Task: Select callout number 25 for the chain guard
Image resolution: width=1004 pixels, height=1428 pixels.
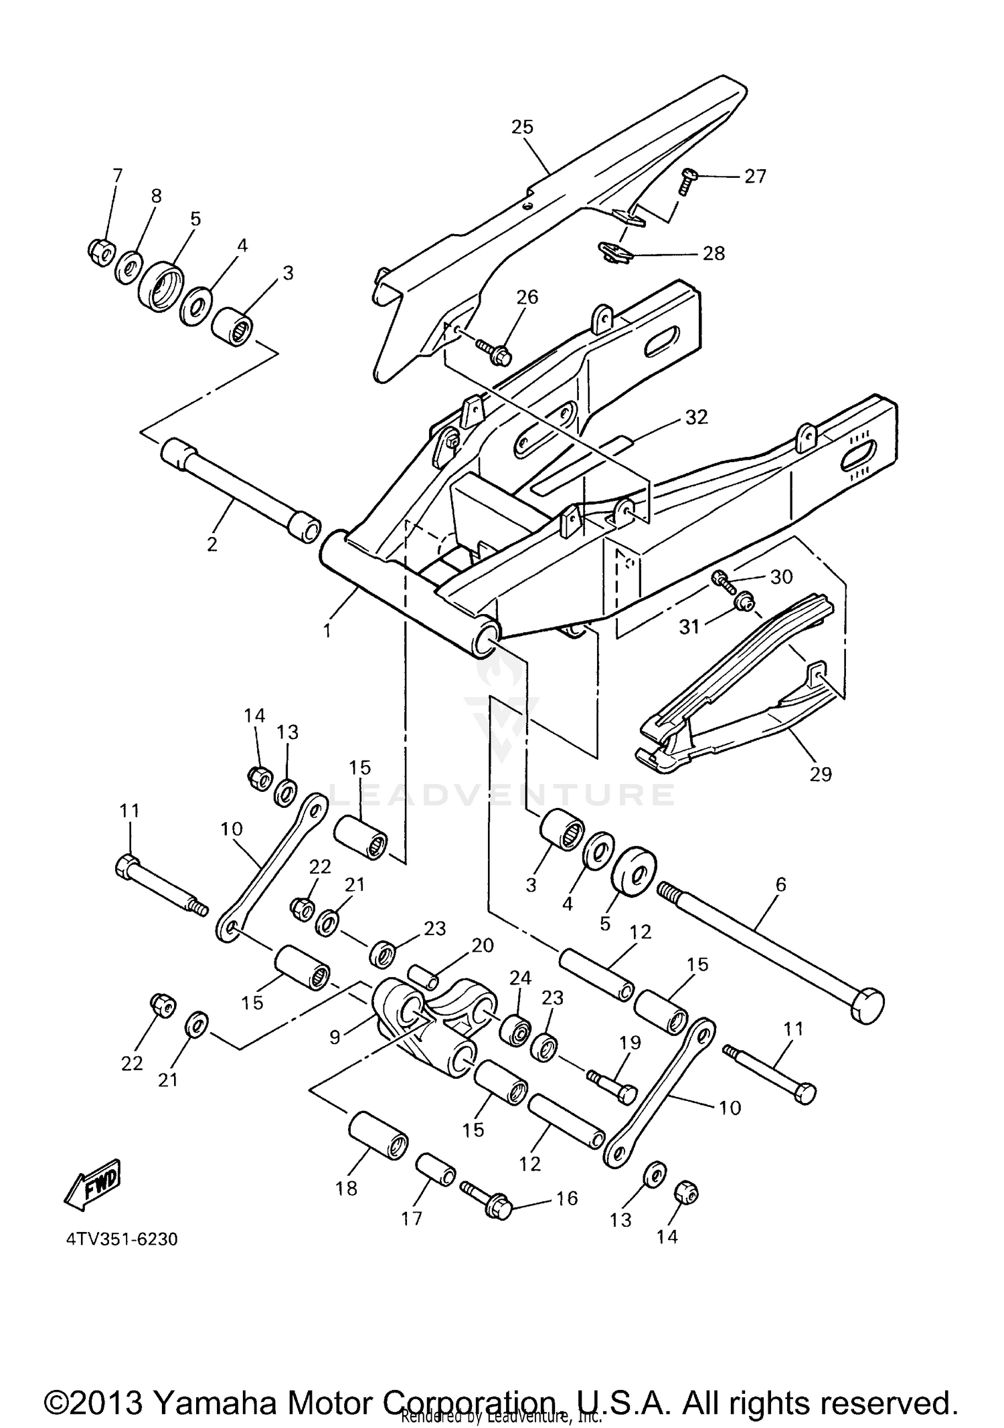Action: tap(522, 126)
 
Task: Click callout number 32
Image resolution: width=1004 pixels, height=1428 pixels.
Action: tap(696, 417)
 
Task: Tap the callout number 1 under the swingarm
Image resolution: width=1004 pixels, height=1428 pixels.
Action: tap(327, 630)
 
